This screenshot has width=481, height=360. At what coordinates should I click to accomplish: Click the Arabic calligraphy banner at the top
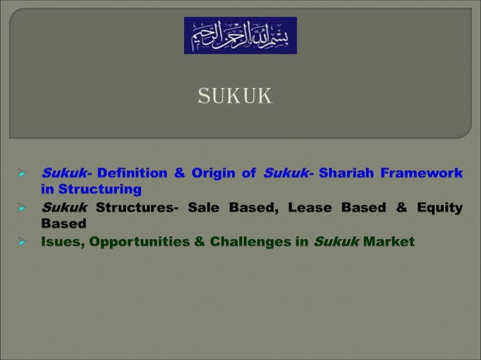tap(240, 35)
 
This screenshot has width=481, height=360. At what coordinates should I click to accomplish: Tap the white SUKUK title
tap(234, 96)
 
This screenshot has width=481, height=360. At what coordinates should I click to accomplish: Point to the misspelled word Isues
tap(61, 242)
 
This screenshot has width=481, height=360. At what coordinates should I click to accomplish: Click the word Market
tap(388, 242)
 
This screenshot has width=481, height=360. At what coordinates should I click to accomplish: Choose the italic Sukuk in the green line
tap(335, 242)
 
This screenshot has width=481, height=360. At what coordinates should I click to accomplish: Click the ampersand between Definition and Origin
tap(179, 173)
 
